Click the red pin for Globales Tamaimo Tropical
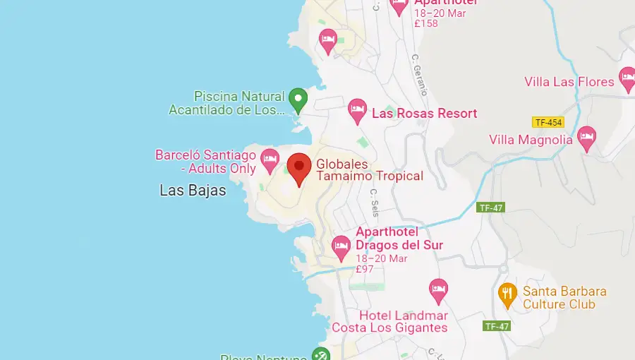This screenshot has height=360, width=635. pos(299,167)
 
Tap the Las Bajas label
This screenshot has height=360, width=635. pos(193,191)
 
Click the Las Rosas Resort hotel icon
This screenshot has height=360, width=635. pos(357,110)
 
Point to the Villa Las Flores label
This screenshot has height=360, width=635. pos(569,82)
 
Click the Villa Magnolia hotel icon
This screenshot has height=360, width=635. pos(586,138)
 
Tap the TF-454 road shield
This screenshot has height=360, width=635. pos(548,122)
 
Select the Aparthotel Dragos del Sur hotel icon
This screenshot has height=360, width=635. pos(341,246)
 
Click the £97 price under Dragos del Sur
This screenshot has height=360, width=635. pos(365,269)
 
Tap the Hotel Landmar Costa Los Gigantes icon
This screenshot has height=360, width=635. pos(438,289)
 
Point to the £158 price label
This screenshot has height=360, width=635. pos(426,23)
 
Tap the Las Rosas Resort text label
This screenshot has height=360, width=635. pos(424,113)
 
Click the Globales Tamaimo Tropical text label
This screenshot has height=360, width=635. pos(369,170)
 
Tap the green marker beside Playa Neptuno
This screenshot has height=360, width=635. pos(321,354)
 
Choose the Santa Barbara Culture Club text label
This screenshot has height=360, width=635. pos(564,298)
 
